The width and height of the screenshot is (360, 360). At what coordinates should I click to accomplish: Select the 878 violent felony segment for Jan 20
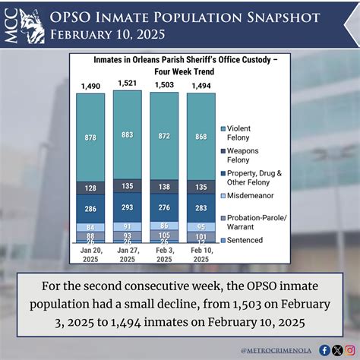pyautogui.click(x=90, y=137)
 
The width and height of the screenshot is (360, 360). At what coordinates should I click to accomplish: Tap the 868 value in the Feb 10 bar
pyautogui.click(x=201, y=136)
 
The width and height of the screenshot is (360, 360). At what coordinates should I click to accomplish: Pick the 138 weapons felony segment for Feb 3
pyautogui.click(x=164, y=186)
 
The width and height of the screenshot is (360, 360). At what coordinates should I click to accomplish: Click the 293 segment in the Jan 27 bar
pyautogui.click(x=127, y=207)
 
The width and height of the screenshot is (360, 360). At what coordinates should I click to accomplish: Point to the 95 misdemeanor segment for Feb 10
pyautogui.click(x=201, y=226)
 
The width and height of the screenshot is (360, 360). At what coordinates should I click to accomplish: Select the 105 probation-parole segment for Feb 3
pyautogui.click(x=164, y=235)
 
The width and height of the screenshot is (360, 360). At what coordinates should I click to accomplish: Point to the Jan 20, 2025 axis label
pyautogui.click(x=90, y=255)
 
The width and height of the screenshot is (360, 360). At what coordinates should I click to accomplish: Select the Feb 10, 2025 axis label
pyautogui.click(x=201, y=255)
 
